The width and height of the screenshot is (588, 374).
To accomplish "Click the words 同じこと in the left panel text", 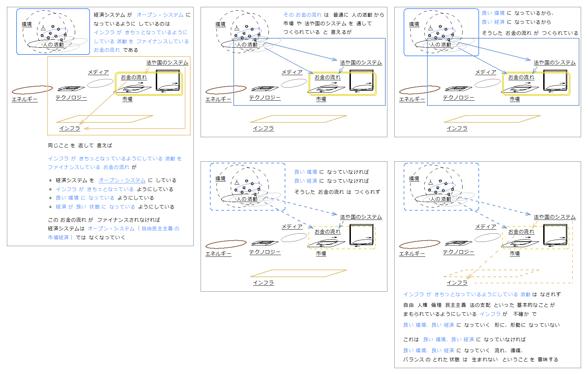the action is (58, 145).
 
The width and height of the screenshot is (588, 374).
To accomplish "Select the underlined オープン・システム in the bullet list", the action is (122, 180).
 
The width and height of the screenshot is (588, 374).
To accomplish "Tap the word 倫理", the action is (436, 305).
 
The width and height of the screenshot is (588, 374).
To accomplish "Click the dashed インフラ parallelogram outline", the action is (491, 273).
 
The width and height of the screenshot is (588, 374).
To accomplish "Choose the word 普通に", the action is (341, 15).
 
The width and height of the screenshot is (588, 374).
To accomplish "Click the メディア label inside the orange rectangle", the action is (98, 72).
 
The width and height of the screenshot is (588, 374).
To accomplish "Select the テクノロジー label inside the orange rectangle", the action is (71, 98).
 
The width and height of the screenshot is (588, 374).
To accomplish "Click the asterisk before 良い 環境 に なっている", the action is (50, 198).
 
